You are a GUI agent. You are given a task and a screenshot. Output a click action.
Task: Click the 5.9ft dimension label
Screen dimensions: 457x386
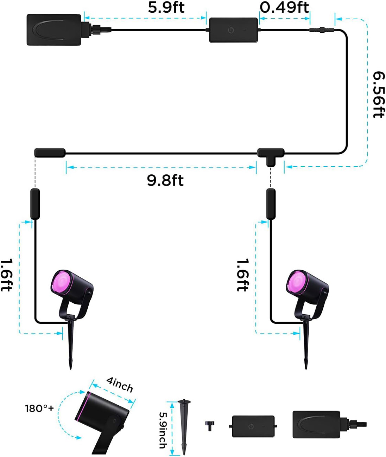[x=166, y=7]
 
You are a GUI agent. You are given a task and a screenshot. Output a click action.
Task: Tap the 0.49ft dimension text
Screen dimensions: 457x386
[x=284, y=7]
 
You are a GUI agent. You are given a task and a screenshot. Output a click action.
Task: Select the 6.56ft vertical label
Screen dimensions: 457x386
[x=379, y=95]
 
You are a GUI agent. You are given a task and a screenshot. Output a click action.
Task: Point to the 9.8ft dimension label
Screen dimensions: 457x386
[x=165, y=180]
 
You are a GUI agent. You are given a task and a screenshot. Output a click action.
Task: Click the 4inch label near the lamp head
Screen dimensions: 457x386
[x=120, y=385]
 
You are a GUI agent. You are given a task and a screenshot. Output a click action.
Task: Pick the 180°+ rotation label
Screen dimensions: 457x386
[x=39, y=408]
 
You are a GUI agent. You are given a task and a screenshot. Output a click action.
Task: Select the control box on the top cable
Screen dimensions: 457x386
[x=234, y=30]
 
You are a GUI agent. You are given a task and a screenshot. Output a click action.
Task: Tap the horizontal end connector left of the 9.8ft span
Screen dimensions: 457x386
[x=50, y=153]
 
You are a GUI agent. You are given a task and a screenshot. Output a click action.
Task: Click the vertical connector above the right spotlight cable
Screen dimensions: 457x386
[x=271, y=204]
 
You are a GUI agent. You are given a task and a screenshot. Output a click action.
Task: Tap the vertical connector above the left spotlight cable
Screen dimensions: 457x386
[x=35, y=204]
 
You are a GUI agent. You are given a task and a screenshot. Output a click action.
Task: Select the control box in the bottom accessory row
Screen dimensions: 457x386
[x=253, y=426]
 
